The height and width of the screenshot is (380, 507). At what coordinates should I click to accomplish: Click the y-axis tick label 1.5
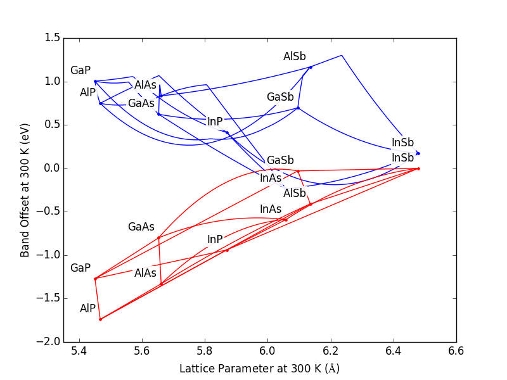pos(53,38)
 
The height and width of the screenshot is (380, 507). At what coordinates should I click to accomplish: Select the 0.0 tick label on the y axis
pos(53,168)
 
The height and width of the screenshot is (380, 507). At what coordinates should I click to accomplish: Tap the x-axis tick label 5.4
pos(79,351)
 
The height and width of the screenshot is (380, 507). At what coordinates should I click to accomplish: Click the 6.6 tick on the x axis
pos(456,351)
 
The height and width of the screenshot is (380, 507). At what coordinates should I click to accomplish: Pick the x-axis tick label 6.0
pos(267,351)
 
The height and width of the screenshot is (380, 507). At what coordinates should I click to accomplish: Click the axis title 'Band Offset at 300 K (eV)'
pos(25,190)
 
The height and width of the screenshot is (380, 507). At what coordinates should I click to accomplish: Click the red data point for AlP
pos(100,319)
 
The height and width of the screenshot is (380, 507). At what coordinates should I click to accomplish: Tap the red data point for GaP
pos(95,279)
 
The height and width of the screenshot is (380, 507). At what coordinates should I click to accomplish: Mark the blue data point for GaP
pos(95,81)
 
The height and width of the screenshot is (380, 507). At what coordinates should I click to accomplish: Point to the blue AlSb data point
pos(311,67)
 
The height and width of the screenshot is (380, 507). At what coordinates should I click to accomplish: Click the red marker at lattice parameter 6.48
pos(418,168)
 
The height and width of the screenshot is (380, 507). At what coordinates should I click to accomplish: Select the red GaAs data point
pos(158,237)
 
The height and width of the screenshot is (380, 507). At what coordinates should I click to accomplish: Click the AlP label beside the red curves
pos(87,308)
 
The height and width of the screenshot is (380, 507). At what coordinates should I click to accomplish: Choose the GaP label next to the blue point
pos(80,70)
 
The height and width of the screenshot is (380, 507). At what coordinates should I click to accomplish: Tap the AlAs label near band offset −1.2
pos(145,273)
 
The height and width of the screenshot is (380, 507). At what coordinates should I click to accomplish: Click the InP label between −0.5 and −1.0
pos(215,239)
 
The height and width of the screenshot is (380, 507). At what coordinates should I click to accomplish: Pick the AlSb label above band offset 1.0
pos(294,57)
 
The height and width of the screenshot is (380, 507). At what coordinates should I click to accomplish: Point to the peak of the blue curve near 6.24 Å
pos(342,56)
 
